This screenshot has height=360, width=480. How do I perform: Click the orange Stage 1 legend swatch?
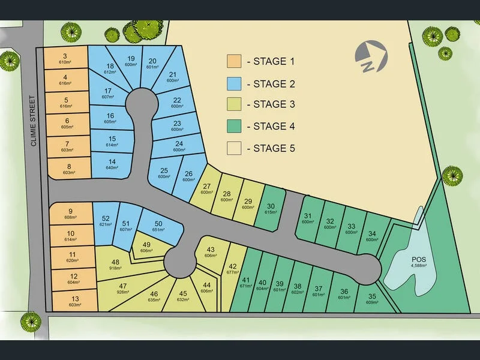(233, 62)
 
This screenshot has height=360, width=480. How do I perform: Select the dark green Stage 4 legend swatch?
(233, 126)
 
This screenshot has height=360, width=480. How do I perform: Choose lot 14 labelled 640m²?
(112, 165)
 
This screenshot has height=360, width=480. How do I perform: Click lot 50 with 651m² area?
(158, 227)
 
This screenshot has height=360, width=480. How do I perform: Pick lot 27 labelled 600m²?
(207, 189)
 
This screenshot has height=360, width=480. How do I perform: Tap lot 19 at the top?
(131, 61)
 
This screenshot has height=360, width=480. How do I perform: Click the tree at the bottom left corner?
(31, 322)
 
